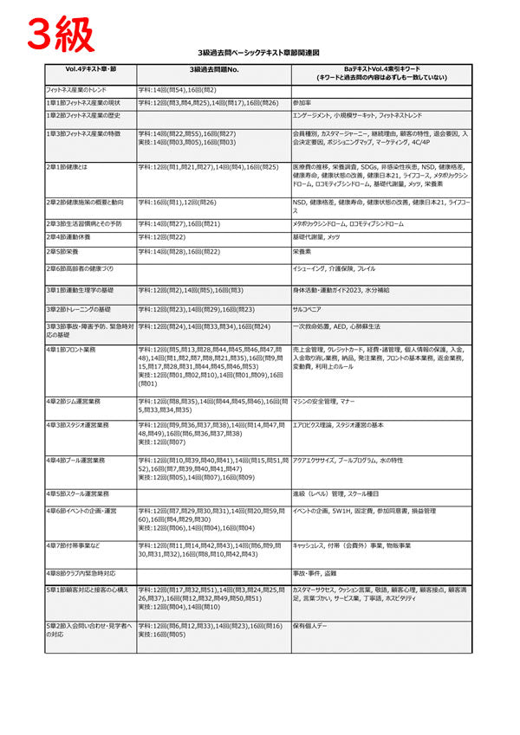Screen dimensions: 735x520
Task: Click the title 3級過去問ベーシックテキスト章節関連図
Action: click(259, 53)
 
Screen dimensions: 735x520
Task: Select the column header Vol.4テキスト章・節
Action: click(90, 68)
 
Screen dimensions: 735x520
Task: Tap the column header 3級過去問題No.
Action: click(212, 69)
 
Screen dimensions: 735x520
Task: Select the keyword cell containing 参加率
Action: click(304, 102)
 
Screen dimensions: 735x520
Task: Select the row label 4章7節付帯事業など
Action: click(77, 545)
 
